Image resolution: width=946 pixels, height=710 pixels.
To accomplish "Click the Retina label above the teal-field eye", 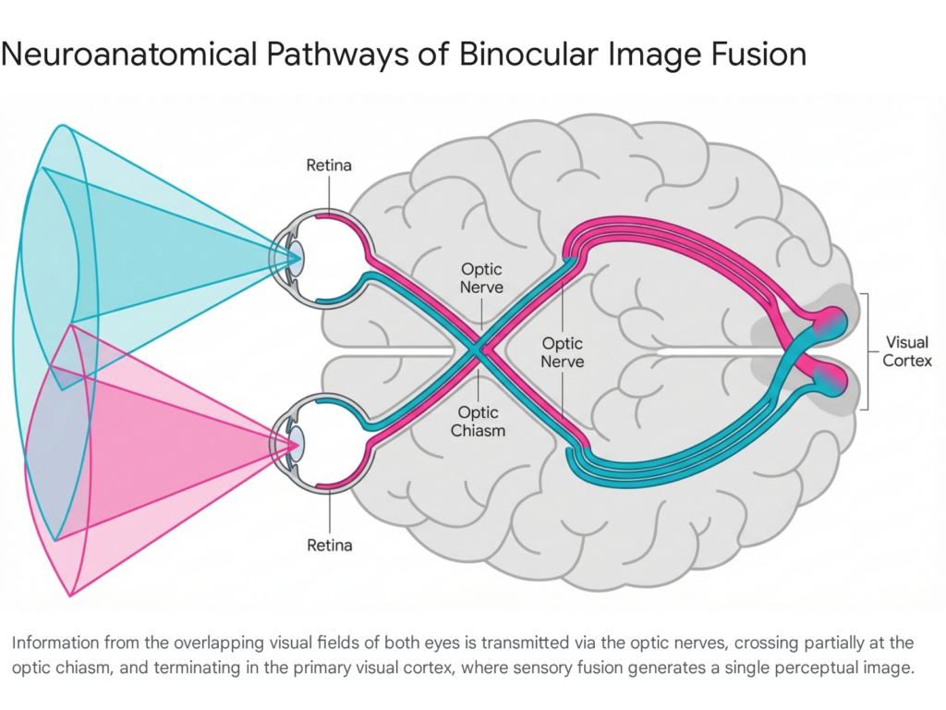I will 329,165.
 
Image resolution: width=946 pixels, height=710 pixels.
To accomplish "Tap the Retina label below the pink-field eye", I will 329,545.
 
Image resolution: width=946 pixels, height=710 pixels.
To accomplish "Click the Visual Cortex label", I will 907,351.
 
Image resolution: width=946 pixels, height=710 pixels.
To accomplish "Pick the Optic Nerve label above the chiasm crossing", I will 482,278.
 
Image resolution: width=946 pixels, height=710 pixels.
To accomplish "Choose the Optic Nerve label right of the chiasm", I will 563,352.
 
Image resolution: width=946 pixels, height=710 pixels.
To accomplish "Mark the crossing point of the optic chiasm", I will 478,349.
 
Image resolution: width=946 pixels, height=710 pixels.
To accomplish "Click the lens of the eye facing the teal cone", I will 294,254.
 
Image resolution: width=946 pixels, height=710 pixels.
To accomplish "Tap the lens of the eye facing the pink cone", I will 294,445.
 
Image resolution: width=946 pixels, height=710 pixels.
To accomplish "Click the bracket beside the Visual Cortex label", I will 866,351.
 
